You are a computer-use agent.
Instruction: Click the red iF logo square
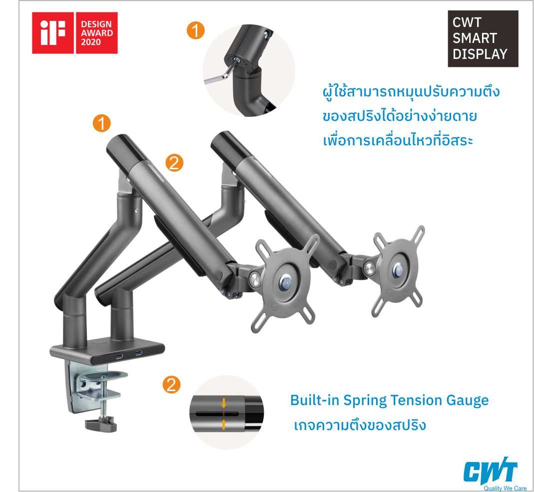[53, 33]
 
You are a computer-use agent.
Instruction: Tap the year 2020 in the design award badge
[90, 42]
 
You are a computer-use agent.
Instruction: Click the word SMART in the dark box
[475, 38]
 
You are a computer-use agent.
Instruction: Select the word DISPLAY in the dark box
[480, 54]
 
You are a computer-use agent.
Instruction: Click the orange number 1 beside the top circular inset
[195, 30]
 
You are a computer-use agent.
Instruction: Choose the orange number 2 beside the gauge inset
[171, 385]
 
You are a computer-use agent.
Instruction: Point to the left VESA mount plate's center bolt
[285, 283]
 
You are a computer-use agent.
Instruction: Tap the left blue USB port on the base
[120, 357]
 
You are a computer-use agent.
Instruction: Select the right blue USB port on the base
[139, 353]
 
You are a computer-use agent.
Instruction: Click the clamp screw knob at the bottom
[101, 425]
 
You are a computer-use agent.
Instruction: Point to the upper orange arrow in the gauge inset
[223, 403]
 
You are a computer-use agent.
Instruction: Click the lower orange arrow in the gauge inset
[223, 424]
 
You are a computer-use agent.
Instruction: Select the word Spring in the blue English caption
[365, 401]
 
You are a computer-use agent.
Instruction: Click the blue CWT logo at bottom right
[491, 472]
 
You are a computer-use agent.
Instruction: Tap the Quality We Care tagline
[505, 489]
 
